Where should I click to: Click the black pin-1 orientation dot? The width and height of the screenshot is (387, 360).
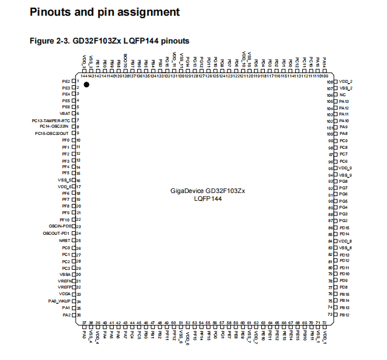coord(86,85)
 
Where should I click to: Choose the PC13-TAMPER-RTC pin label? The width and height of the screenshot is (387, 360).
coord(52,120)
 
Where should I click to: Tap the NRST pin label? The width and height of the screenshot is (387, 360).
coord(65,241)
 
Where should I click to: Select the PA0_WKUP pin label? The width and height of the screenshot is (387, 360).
coord(60,301)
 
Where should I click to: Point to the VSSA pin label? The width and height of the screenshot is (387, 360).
coord(65,274)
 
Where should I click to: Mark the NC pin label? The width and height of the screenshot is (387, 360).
coord(342,95)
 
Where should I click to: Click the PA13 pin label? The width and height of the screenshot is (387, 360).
coord(344,102)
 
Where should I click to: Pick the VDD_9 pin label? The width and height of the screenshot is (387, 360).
coord(345,168)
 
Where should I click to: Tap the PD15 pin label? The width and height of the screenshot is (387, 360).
coord(344,228)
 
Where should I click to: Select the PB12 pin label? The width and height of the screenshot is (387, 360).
coord(344,315)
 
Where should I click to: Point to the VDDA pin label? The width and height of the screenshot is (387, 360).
coord(65,294)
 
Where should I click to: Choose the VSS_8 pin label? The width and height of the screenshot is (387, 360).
coord(345,248)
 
